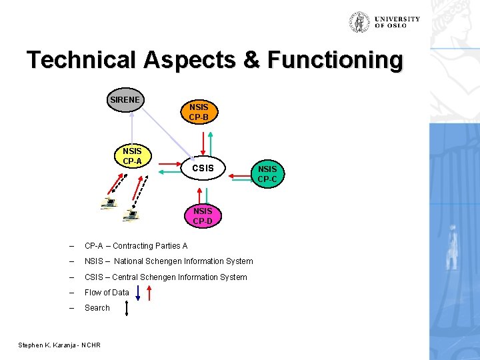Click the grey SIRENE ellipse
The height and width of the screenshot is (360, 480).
click(x=125, y=100)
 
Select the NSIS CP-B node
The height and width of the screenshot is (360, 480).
click(x=198, y=111)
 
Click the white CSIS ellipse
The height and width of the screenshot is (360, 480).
click(x=203, y=168)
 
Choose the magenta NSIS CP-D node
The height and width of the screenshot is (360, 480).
click(x=203, y=216)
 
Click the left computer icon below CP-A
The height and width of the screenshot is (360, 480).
click(x=108, y=203)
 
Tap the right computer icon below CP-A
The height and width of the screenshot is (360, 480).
click(x=130, y=215)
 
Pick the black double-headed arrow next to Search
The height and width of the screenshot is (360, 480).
click(x=127, y=308)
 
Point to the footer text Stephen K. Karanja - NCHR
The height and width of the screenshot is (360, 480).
click(x=59, y=345)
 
